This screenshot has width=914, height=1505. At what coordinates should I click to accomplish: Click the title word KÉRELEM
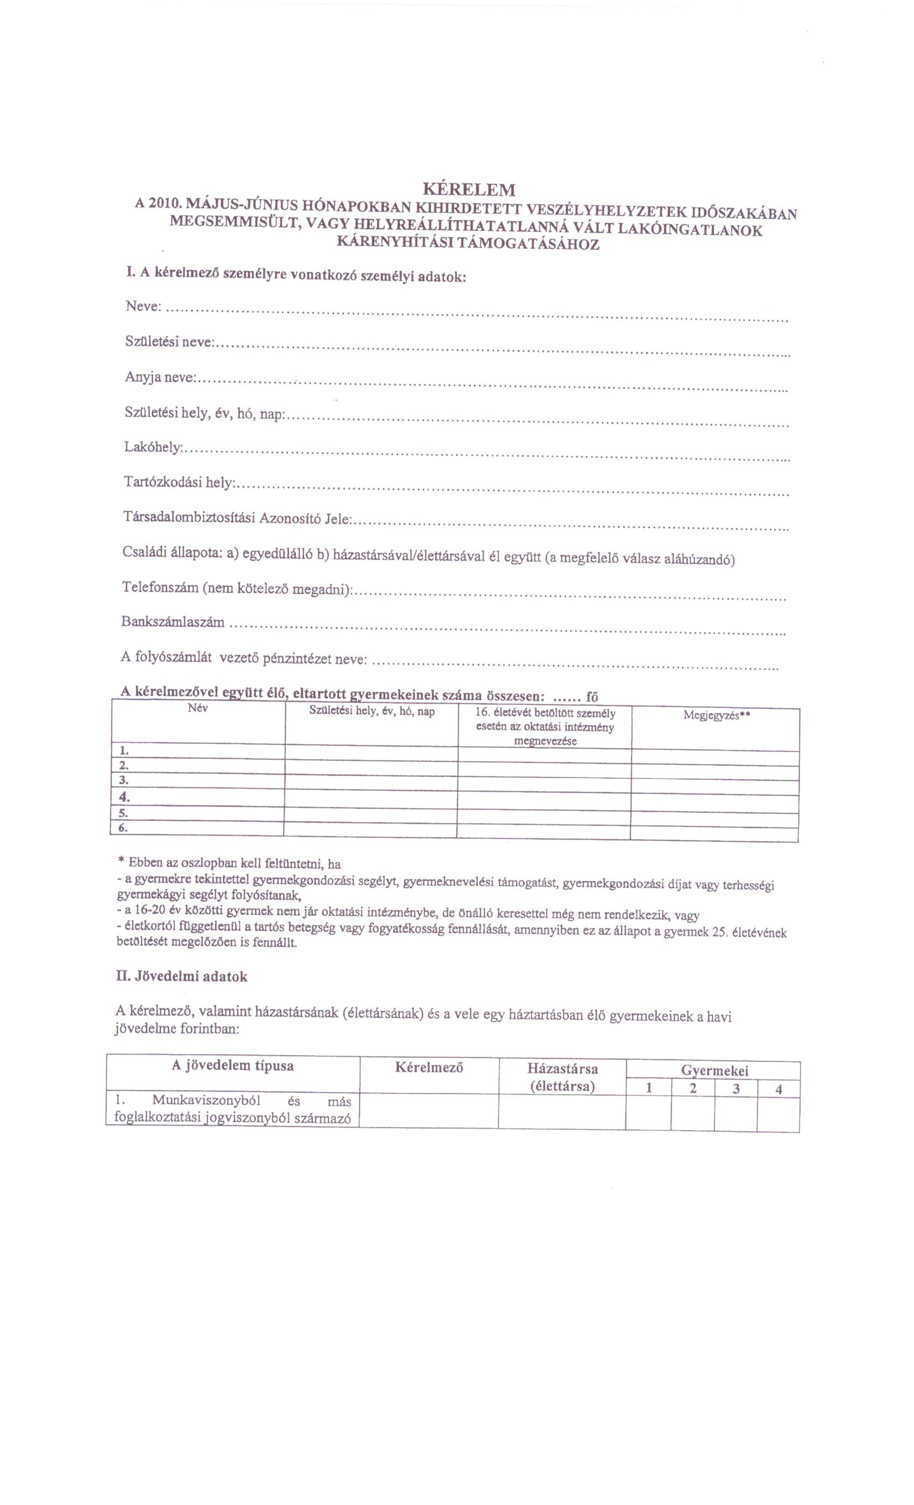pyautogui.click(x=469, y=188)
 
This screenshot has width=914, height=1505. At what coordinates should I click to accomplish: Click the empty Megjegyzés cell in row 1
pyautogui.click(x=715, y=757)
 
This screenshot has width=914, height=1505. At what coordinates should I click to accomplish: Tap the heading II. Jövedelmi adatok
pyautogui.click(x=182, y=977)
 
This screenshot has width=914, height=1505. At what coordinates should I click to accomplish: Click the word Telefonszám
pyautogui.click(x=160, y=587)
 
